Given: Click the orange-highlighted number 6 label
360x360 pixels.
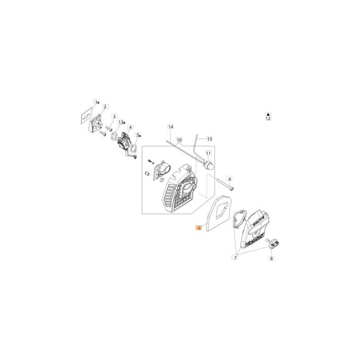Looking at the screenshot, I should coord(199,229).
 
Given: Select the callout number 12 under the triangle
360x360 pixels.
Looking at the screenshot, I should coord(268,119).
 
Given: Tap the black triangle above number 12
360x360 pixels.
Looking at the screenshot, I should coord(268,114).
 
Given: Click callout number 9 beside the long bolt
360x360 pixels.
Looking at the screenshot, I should coord(229,178).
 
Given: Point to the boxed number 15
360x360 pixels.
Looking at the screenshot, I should coord(209,139).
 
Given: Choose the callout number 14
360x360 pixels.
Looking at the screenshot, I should coord(171,127).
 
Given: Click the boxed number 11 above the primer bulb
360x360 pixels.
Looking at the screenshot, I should coord(208,153).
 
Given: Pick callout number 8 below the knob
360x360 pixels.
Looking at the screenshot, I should coord(271,259).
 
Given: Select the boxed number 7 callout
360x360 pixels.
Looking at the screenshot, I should coord(234,257).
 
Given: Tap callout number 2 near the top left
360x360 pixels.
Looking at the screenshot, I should coord(105,107).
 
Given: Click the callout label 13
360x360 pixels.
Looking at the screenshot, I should coord(121,122).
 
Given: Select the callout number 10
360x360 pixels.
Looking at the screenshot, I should coord(179,140).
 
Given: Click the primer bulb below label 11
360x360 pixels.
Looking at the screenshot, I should coord(209,165).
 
